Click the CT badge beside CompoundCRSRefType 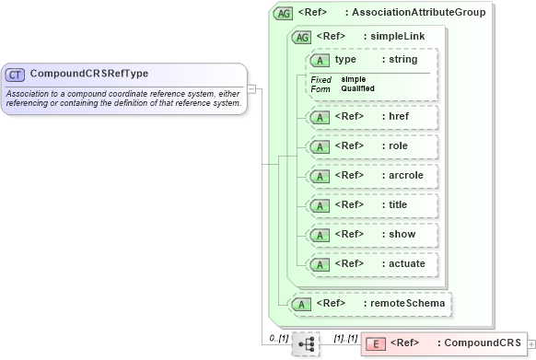16,74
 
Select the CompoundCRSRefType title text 89,74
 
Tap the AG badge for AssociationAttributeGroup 285,14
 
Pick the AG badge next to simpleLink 301,37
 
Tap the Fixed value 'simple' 354,79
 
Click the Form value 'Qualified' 358,88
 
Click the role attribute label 398,146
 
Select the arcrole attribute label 406,176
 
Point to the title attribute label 398,205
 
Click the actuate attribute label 406,264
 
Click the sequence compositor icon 306,343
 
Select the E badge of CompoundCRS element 375,343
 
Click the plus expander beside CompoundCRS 530,343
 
